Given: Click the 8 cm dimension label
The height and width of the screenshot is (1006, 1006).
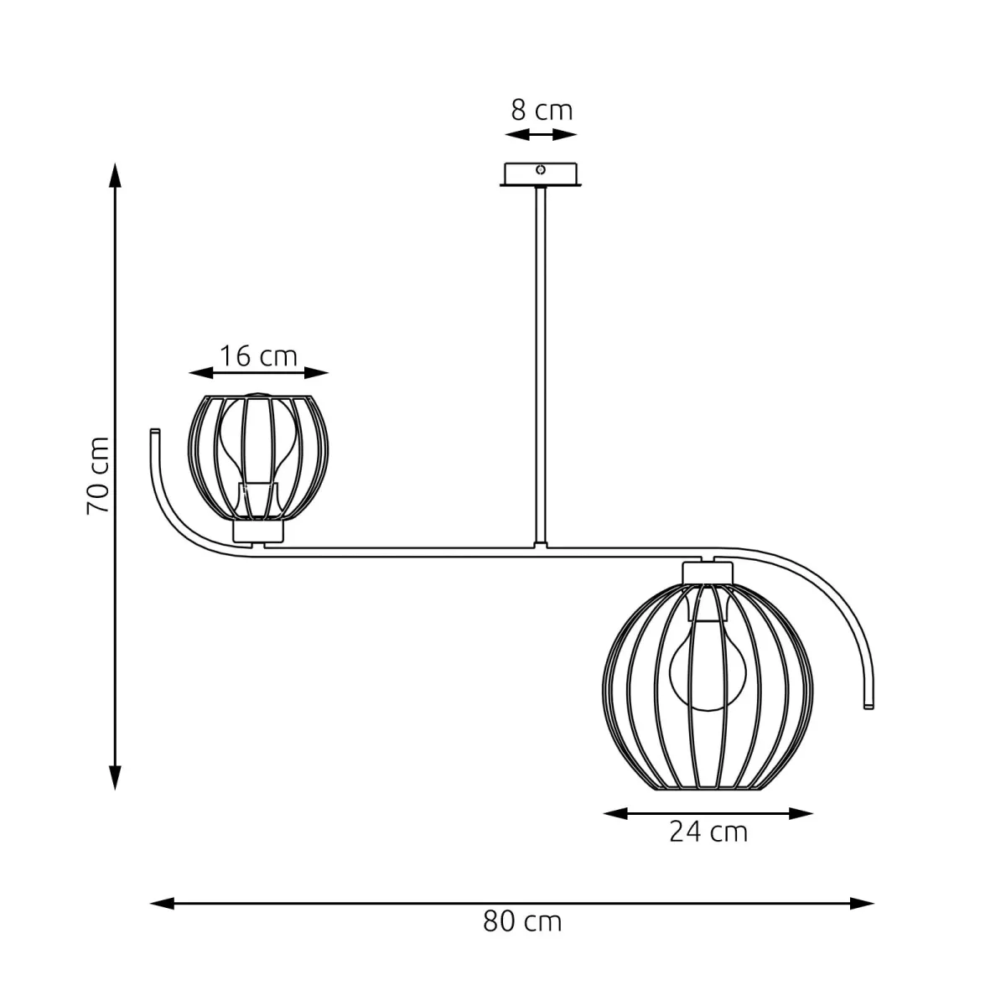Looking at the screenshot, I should (542, 110).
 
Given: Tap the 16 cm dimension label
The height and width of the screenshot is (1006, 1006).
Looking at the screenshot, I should (258, 355).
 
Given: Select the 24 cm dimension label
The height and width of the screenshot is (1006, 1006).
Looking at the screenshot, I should (708, 832).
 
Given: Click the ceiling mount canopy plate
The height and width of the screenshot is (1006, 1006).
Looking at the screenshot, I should (541, 175).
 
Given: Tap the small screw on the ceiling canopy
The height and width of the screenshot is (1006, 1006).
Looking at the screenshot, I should (541, 170).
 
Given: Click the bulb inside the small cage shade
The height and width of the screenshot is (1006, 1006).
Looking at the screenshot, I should (257, 444).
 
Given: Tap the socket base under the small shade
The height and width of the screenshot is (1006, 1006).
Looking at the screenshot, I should (258, 531).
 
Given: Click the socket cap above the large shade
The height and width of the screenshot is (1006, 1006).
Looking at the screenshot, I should (708, 572).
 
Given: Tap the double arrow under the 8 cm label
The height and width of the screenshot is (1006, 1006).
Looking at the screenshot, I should (541, 135).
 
